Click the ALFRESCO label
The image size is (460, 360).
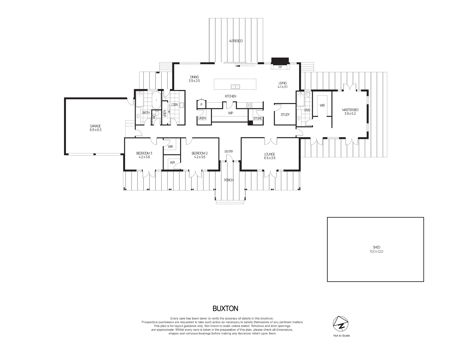pos(236,41)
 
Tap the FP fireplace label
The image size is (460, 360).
pos(280,67)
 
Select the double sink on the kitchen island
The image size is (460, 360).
pos(235,87)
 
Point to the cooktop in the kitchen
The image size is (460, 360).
pos(249,105)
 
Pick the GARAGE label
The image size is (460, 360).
pos(95,126)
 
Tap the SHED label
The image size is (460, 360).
pos(376,248)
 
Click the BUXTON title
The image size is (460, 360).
pos(225,308)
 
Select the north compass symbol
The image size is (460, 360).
pos(341,324)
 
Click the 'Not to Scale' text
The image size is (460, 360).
pos(341,335)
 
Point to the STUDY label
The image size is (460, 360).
pos(285,115)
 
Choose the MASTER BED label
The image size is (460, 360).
pos(350,110)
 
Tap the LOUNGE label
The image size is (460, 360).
pos(269,154)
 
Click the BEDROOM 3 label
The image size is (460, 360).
pos(144,153)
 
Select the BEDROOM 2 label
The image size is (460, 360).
pos(199,153)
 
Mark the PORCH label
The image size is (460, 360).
pos(229,180)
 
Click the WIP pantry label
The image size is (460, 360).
pos(230,113)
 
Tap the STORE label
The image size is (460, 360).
pos(258,118)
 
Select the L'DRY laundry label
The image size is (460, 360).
pos(175,105)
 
